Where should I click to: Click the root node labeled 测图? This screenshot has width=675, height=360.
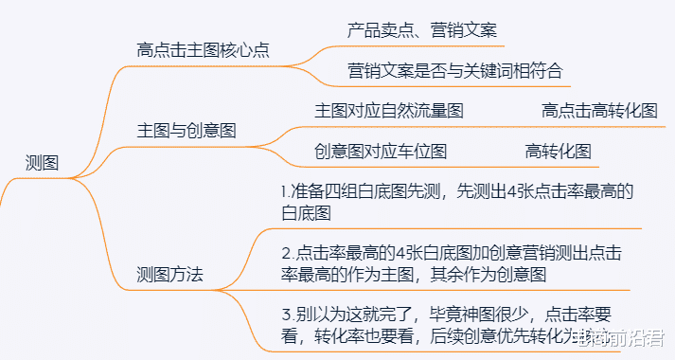41,163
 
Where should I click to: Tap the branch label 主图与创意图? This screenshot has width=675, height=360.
187,131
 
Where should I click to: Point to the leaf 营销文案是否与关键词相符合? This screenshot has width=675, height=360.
454,70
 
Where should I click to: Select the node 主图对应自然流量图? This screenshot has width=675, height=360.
388,111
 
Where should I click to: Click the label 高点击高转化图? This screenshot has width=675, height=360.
599,111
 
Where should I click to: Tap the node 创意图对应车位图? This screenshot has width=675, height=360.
380,151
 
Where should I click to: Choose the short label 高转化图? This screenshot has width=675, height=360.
558,151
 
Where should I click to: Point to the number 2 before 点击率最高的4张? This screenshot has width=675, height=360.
286,253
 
